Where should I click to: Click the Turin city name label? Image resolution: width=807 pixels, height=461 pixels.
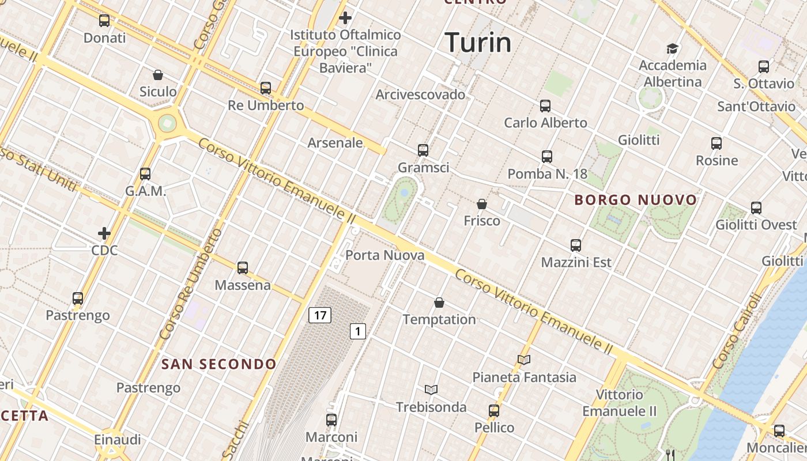click(x=478, y=43)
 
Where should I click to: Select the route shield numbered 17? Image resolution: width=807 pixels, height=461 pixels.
click(x=320, y=315)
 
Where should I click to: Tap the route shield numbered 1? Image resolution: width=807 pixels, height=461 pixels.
click(x=358, y=331)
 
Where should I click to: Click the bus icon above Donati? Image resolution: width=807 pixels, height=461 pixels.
click(x=104, y=21)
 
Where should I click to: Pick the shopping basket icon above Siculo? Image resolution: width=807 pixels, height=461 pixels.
click(x=158, y=75)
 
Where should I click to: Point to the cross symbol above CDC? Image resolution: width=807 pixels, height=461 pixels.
click(x=104, y=233)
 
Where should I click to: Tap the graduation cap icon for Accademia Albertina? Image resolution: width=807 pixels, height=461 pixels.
click(x=672, y=48)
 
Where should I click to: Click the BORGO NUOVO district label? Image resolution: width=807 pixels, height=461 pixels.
click(x=636, y=200)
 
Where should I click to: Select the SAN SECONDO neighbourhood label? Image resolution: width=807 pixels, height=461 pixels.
click(x=219, y=364)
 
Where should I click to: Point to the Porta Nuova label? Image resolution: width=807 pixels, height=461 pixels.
click(x=385, y=255)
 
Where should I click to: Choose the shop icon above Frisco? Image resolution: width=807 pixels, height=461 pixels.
click(x=482, y=204)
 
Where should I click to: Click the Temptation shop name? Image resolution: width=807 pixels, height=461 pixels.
click(x=439, y=319)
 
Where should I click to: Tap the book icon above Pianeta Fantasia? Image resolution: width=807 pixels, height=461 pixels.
click(x=524, y=360)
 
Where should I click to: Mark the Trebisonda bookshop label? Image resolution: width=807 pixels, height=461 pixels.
click(x=431, y=407)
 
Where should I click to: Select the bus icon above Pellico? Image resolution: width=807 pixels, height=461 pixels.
click(x=494, y=411)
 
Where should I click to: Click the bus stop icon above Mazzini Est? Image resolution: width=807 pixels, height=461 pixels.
click(x=576, y=245)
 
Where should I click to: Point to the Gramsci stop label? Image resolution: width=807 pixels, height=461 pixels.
click(x=423, y=167)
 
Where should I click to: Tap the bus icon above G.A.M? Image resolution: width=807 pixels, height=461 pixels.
click(x=145, y=174)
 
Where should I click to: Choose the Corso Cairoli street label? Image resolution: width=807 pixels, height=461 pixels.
click(x=737, y=332)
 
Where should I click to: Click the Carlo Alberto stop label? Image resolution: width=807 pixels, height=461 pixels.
click(x=545, y=123)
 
